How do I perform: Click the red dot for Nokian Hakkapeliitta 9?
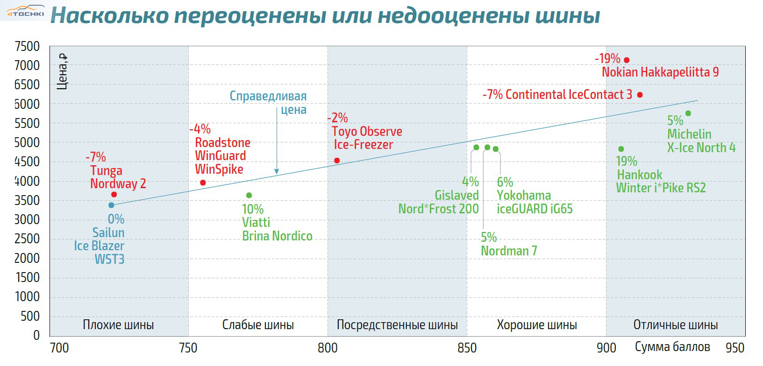(627, 60)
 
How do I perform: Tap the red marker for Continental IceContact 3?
(640, 95)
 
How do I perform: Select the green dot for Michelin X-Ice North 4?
(688, 113)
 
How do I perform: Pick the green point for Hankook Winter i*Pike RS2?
(621, 149)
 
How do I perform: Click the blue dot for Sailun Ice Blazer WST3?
(111, 205)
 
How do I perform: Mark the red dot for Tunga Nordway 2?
(114, 194)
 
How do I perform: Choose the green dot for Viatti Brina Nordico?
(249, 196)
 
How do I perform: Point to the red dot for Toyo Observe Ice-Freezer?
(337, 161)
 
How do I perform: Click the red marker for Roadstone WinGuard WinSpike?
(203, 183)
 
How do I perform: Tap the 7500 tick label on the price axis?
(28, 46)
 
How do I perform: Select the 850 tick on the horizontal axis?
(467, 348)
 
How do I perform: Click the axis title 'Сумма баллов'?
(672, 347)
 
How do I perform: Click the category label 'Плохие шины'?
(118, 325)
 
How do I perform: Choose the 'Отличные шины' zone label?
(675, 325)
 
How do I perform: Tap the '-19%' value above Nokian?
(607, 59)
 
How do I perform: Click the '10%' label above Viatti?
(253, 209)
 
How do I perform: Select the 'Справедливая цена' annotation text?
(269, 103)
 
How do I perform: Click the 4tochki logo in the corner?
(25, 12)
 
